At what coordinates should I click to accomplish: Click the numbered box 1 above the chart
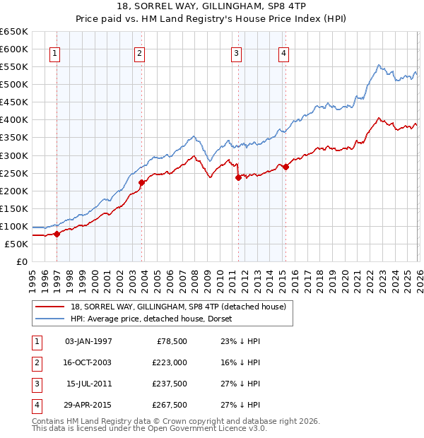[x=54, y=52]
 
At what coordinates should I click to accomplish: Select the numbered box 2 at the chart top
[x=140, y=52]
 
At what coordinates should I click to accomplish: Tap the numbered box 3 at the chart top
[x=236, y=52]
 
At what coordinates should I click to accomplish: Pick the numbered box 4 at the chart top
[x=283, y=52]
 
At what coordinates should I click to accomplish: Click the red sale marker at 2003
[x=141, y=182]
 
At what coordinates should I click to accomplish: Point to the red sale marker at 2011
[x=238, y=177]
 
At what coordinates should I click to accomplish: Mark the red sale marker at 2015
[x=285, y=167]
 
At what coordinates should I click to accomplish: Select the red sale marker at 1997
[x=57, y=234]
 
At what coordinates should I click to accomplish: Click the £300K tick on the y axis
[x=14, y=155]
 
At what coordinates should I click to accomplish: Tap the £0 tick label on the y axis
[x=20, y=261]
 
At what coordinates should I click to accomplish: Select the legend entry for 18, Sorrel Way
[x=177, y=307]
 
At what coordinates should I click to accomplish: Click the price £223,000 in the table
[x=170, y=362]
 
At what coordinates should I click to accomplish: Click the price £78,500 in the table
[x=172, y=341]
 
